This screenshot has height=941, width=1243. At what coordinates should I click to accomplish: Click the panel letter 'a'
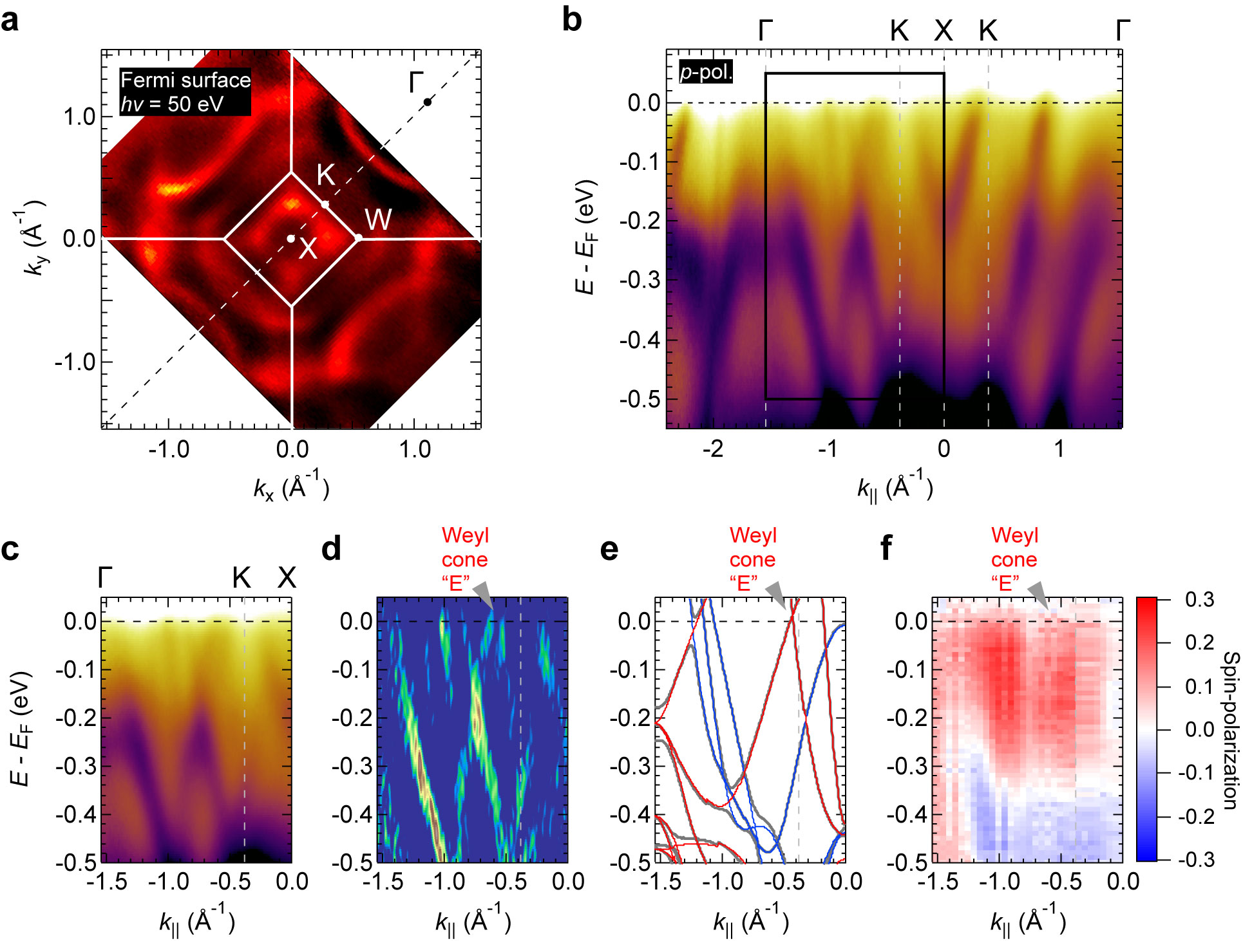click(10, 21)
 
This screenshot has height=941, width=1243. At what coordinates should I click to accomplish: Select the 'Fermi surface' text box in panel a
click(185, 92)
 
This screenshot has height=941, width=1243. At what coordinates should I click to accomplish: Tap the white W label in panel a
click(378, 220)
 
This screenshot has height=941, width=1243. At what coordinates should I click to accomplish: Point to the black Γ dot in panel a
click(427, 102)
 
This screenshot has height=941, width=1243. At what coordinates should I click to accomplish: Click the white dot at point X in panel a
click(291, 239)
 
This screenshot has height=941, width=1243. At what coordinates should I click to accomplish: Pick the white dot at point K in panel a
click(325, 205)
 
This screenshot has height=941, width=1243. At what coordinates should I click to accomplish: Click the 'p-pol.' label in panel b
click(706, 72)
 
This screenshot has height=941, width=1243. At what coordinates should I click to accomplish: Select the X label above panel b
click(944, 30)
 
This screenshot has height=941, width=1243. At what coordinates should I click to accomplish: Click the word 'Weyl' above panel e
click(753, 536)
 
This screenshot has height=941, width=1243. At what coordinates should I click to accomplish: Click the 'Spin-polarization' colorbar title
click(1230, 730)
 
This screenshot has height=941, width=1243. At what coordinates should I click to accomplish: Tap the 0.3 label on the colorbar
click(1199, 599)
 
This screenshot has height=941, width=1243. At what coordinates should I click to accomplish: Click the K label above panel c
click(242, 578)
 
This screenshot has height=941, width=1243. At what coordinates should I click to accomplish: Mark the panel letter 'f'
click(886, 548)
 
